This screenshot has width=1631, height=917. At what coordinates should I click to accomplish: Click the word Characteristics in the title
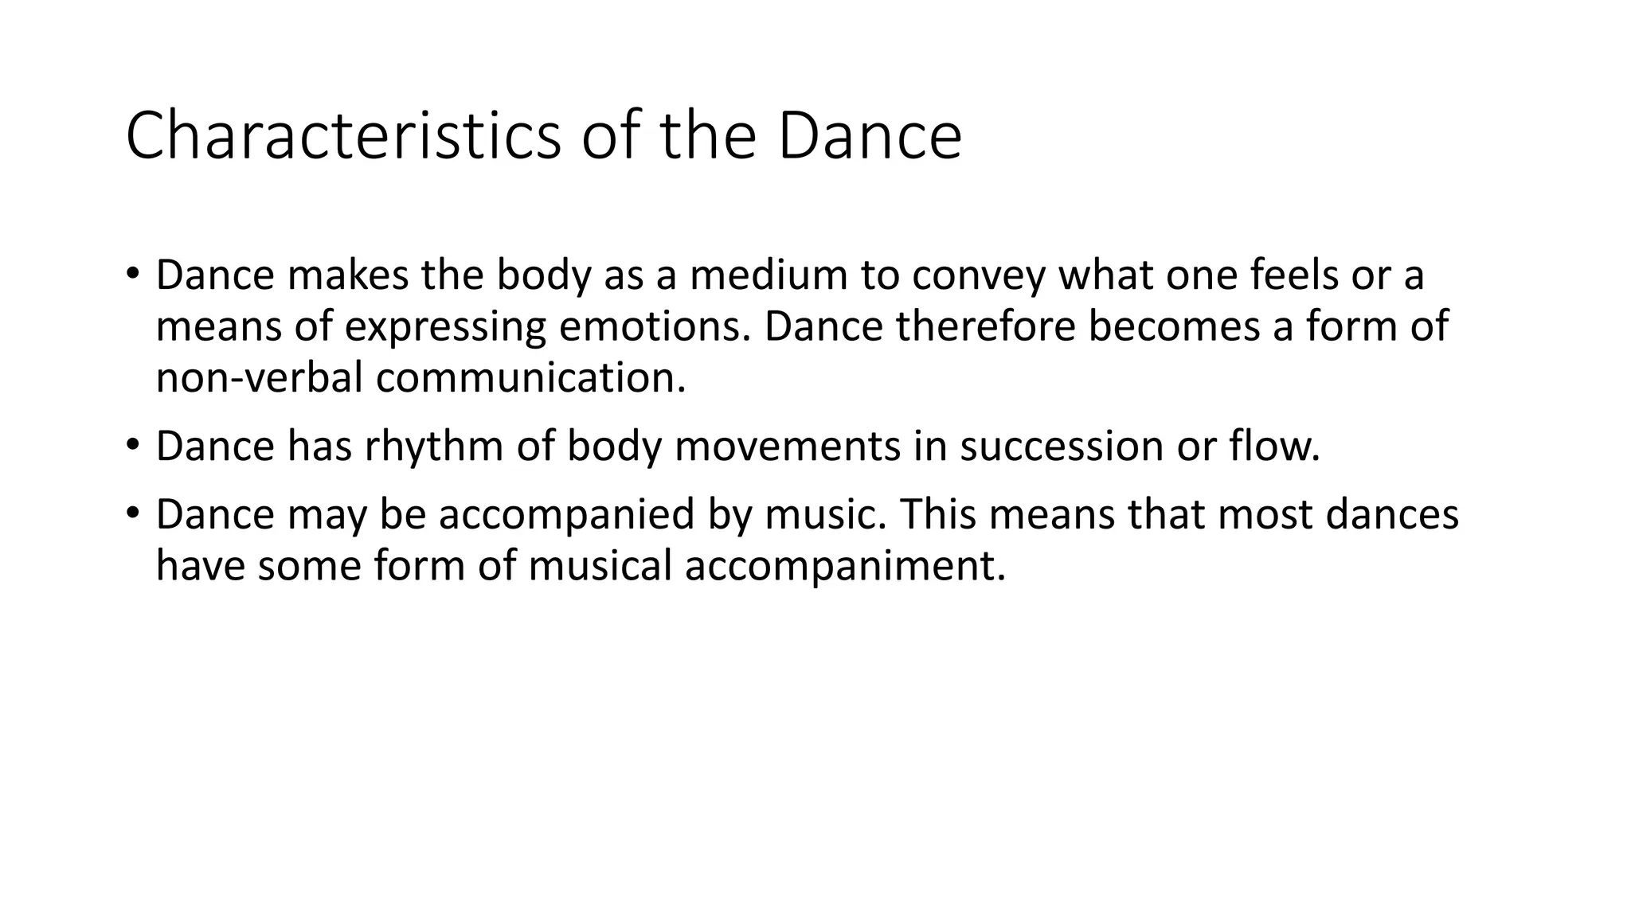point(343,136)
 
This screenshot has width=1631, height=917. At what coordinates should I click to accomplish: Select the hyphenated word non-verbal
point(260,377)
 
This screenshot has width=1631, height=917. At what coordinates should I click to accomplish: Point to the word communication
point(530,377)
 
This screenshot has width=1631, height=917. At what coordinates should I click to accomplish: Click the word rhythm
point(434,446)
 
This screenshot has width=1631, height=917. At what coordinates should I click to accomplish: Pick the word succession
point(1061,446)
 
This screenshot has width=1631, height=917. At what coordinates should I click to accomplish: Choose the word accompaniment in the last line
point(845,566)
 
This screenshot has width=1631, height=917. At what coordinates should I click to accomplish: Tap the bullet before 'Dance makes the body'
point(132,273)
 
